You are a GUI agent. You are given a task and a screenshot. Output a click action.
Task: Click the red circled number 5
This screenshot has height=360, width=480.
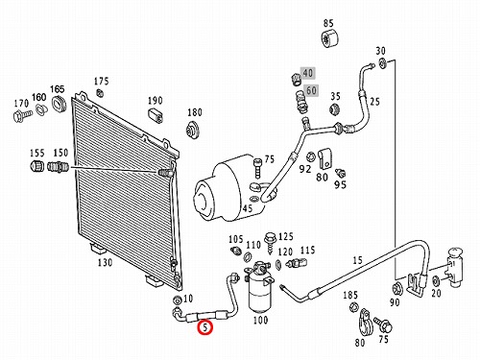pos(204,327)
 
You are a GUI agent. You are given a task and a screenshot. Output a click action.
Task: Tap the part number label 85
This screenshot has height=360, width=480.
pos(328,23)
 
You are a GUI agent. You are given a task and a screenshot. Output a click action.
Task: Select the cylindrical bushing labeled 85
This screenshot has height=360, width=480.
pos(329,39)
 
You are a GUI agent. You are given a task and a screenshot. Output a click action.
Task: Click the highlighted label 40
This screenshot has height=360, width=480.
pos(307,73)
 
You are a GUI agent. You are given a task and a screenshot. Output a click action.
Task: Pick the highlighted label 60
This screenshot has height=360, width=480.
pos(311,90)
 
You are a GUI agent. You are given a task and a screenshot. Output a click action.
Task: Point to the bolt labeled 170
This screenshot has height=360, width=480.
pos(22,116)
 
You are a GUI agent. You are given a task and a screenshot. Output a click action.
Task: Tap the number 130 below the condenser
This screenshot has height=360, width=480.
pos(105,262)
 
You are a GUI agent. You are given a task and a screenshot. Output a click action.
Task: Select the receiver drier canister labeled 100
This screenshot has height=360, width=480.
pos(260,288)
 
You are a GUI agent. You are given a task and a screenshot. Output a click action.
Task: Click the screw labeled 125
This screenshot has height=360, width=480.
pos(270,244)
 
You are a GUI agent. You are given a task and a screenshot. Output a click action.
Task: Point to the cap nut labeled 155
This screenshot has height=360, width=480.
pos(37,166)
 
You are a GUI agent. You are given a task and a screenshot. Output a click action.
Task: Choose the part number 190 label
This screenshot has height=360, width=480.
pos(155,101)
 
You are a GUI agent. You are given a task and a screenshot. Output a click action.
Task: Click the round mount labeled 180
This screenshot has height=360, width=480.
pos(193,131)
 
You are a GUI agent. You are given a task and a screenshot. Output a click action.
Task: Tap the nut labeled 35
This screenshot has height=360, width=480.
pos(334,109)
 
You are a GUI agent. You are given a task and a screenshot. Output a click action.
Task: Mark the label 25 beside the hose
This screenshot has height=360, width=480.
pos(374,102)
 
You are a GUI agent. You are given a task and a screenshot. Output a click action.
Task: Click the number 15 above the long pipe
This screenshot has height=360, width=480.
pos(357,260)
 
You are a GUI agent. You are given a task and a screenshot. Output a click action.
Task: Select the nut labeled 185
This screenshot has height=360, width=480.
pos(353,307)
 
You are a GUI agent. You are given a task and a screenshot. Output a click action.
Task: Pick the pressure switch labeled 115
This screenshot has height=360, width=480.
pos(297,263)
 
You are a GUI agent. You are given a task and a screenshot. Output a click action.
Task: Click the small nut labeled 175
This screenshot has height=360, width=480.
pos(100,93)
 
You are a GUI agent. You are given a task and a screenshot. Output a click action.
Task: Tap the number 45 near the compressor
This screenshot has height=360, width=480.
pos(248,208)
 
